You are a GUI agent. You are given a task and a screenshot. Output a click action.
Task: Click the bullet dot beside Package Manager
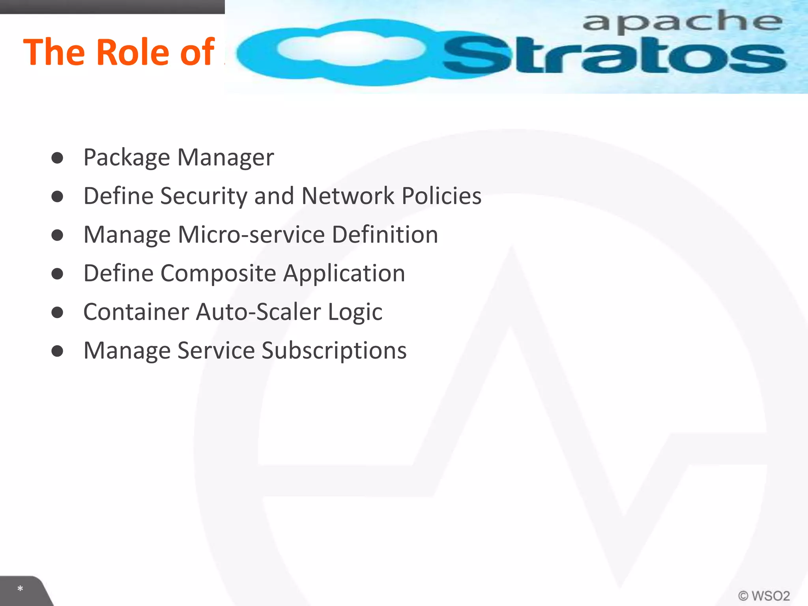click(x=58, y=158)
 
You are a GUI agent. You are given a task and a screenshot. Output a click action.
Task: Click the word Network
click(x=348, y=196)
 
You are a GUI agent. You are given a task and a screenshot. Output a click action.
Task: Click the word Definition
click(x=385, y=235)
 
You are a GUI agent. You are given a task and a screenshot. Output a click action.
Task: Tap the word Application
click(x=344, y=273)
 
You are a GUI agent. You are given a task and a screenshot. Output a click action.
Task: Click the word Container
click(x=136, y=312)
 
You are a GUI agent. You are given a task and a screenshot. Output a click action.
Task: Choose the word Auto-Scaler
click(x=258, y=312)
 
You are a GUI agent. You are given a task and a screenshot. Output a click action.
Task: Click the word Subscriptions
click(x=334, y=351)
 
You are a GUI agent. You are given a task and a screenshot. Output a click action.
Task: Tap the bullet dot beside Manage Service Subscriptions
click(x=58, y=351)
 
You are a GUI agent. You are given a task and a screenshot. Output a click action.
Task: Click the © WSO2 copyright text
click(x=764, y=595)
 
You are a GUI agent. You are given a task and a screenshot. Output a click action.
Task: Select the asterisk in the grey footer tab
click(x=20, y=589)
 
